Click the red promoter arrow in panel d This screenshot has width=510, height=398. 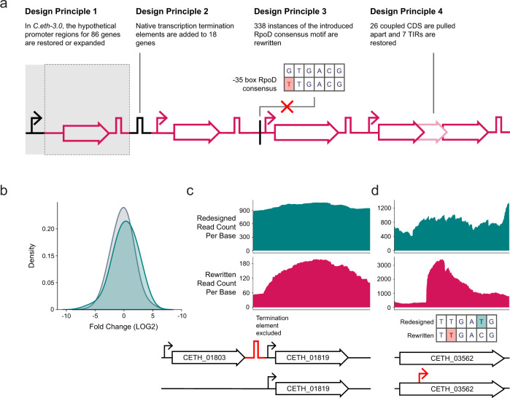coord(422,375)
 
